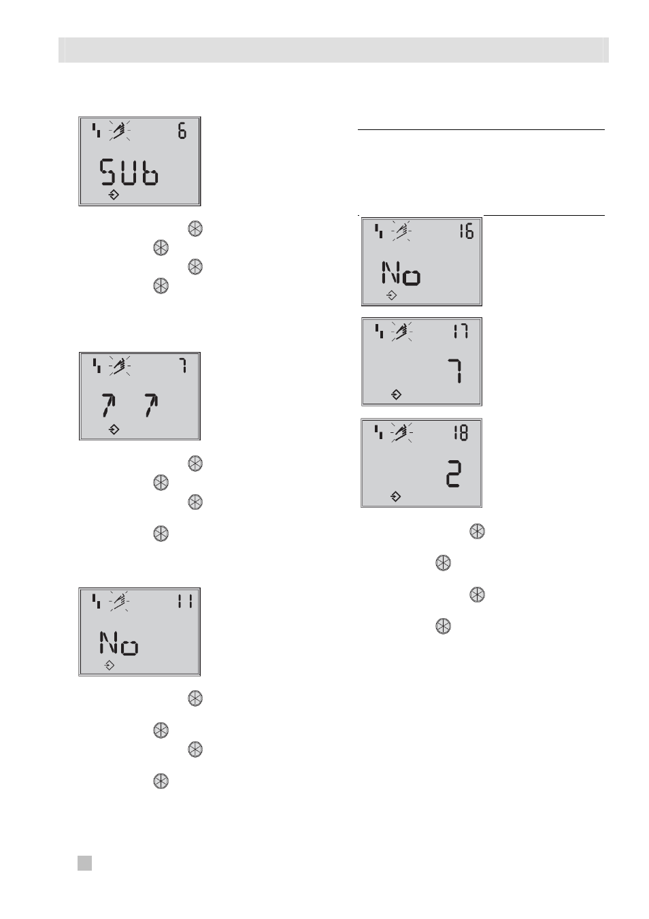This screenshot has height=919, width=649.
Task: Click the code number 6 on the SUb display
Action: coord(182,131)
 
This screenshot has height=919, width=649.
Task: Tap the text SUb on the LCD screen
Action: coord(129,172)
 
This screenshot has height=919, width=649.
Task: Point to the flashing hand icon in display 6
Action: coord(119,131)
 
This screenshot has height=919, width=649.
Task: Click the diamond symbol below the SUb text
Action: coord(114,195)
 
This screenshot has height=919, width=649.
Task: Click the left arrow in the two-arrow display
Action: coord(108,405)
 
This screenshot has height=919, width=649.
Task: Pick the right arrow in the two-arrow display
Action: coord(152,405)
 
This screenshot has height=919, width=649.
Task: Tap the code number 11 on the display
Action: coord(185,602)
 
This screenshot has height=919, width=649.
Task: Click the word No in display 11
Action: coord(119,643)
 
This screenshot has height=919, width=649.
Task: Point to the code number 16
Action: coord(467,232)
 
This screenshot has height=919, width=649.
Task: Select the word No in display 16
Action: coord(401,273)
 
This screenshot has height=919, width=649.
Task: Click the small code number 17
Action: coord(461,331)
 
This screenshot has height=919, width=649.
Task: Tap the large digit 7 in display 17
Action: coord(456,371)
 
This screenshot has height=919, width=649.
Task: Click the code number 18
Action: coord(461,433)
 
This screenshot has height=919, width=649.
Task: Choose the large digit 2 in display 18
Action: coord(454,474)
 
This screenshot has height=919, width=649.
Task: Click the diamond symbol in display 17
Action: coord(396,395)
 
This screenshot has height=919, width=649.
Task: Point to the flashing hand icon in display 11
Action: coord(119,602)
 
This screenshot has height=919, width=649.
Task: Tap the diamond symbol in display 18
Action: coord(395,497)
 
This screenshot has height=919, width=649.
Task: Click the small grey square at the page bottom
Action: coord(85,863)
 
